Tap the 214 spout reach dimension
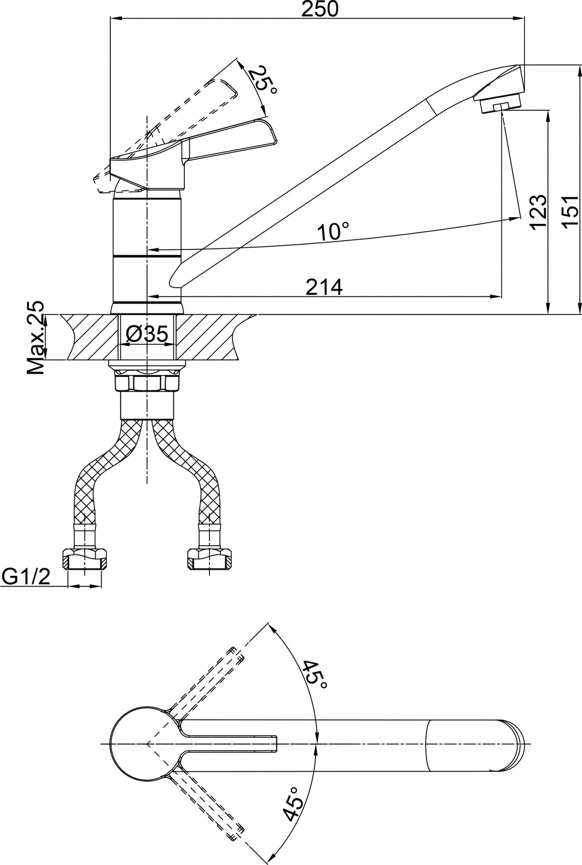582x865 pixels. [x=324, y=287]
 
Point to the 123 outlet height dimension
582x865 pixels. [x=538, y=212]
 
